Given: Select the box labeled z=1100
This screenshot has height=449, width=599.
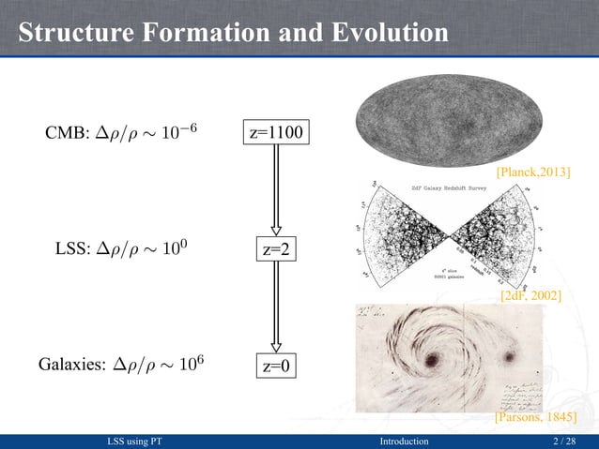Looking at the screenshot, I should (x=276, y=134).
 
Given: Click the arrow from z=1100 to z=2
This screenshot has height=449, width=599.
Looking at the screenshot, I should (x=276, y=192).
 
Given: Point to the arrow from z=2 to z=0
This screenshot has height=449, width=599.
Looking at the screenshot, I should (x=276, y=308).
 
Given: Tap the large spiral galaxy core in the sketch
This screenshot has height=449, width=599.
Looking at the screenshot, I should (x=435, y=358).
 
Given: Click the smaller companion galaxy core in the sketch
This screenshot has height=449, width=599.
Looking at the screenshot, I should (x=513, y=356).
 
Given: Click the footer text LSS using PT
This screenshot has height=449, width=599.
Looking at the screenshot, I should (x=142, y=441).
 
